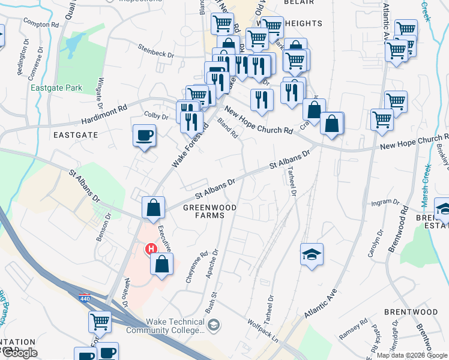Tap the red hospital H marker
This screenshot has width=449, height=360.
(151, 248)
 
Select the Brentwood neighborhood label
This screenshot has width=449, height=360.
(411, 312)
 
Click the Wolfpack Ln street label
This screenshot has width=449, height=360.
(263, 331)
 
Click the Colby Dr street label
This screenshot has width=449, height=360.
(155, 113)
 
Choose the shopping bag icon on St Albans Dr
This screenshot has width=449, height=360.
(154, 208)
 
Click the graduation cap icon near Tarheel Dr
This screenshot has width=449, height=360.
(312, 254)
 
